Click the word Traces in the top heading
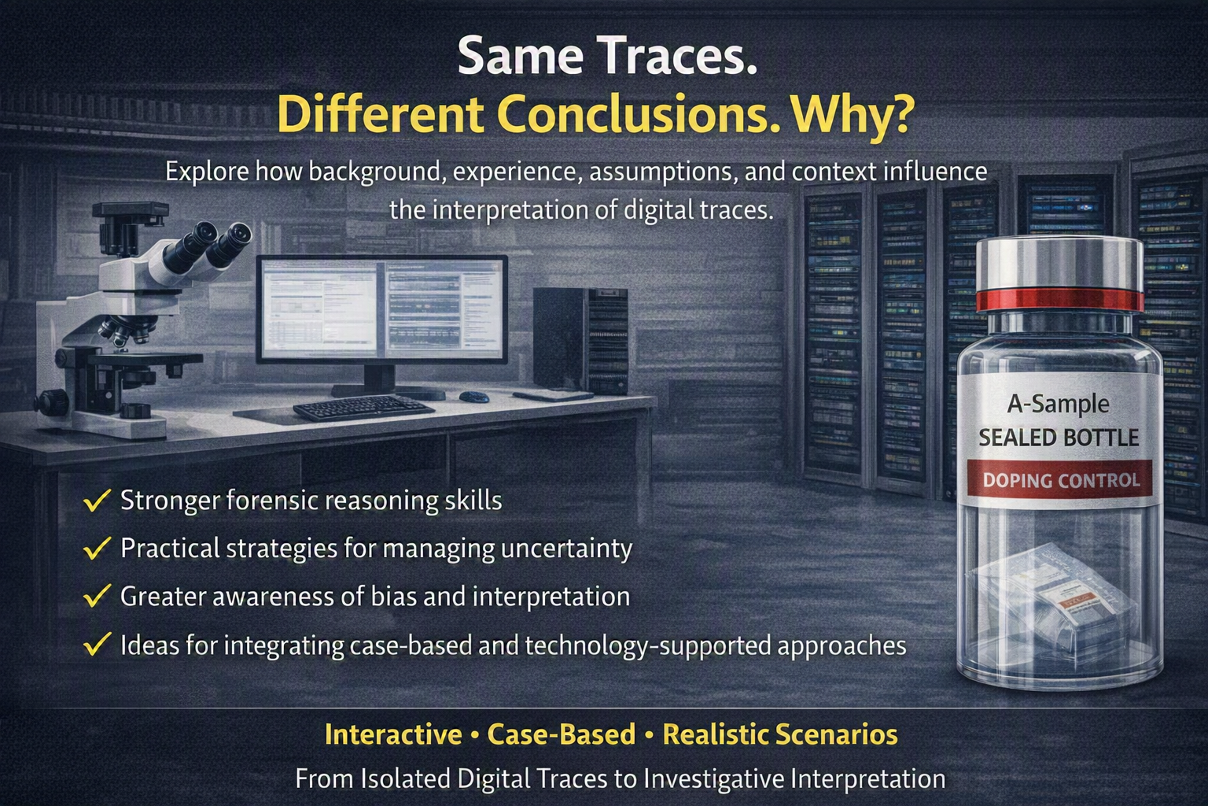click(x=679, y=57)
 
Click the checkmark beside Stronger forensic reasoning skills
click(x=97, y=501)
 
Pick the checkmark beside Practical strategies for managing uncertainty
click(x=97, y=549)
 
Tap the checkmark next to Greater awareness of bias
click(x=97, y=597)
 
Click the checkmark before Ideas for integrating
click(x=97, y=645)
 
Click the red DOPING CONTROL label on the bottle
click(x=1060, y=480)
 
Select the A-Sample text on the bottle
click(x=1058, y=405)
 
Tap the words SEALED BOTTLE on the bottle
click(x=1059, y=438)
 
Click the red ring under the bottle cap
click(x=1059, y=301)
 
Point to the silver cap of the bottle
click(x=1059, y=265)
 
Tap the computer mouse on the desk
click(x=474, y=397)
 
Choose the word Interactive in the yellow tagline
click(x=393, y=734)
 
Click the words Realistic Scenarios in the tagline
click(x=780, y=734)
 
